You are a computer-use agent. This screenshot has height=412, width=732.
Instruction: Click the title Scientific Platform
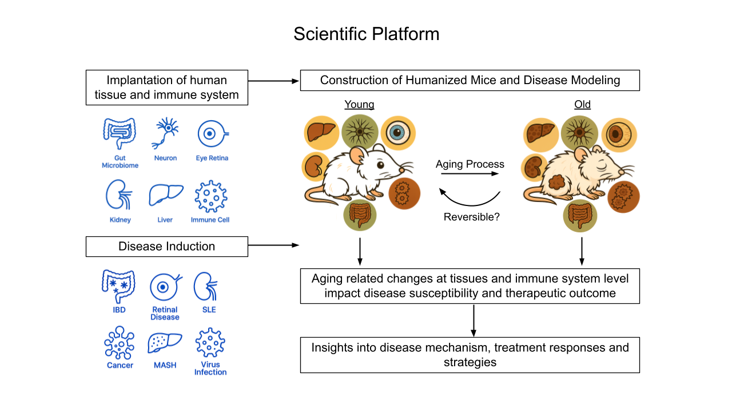click(x=367, y=34)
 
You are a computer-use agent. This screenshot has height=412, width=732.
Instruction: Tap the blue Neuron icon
click(x=165, y=132)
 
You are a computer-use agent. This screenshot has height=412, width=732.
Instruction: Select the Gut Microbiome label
click(x=120, y=161)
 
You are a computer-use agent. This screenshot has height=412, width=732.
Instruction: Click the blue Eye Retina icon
click(x=213, y=134)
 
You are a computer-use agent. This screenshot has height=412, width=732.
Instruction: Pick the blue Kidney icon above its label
click(x=119, y=195)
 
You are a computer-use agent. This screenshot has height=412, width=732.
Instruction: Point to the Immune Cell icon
click(x=211, y=196)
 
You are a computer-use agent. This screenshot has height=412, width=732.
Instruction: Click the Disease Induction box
click(x=167, y=247)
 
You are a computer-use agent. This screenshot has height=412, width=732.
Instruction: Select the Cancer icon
click(x=120, y=343)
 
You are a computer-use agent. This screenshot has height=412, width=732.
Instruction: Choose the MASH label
click(x=165, y=365)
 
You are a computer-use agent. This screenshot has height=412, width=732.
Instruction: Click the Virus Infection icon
click(x=210, y=343)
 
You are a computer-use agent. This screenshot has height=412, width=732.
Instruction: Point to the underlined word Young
click(x=359, y=105)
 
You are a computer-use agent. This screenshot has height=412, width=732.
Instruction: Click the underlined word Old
click(x=582, y=105)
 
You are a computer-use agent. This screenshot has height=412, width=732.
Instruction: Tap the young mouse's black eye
click(x=380, y=165)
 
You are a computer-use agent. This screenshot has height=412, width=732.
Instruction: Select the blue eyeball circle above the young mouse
click(x=397, y=133)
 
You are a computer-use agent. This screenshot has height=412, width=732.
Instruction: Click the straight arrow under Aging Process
click(x=470, y=173)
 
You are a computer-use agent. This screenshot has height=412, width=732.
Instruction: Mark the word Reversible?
click(x=472, y=217)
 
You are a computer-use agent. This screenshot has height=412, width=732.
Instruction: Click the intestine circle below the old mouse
click(x=580, y=216)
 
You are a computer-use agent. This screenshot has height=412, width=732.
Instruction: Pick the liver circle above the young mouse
click(x=321, y=133)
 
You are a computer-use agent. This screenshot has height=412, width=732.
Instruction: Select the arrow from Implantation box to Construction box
click(x=273, y=81)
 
